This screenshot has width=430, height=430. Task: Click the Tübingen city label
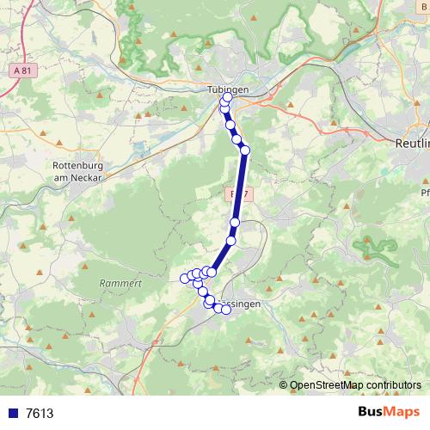pos(228,89)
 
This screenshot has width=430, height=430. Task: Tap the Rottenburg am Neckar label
pos(77,170)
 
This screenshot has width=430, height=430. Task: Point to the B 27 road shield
pos(240,194)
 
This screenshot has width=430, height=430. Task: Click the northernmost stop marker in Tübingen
pos(227,99)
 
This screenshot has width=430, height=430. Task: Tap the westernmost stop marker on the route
pos(184,278)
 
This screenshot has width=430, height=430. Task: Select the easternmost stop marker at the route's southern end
pos(227,310)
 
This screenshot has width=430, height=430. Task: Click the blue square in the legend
pos(11,413)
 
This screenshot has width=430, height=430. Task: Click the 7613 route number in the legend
pos(40,413)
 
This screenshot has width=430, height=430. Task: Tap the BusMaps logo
pos(389,412)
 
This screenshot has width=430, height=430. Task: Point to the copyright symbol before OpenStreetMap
pos(283,384)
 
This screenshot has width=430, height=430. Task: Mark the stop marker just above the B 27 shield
pos(244,150)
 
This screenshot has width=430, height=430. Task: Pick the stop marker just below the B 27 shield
pos(234,222)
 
